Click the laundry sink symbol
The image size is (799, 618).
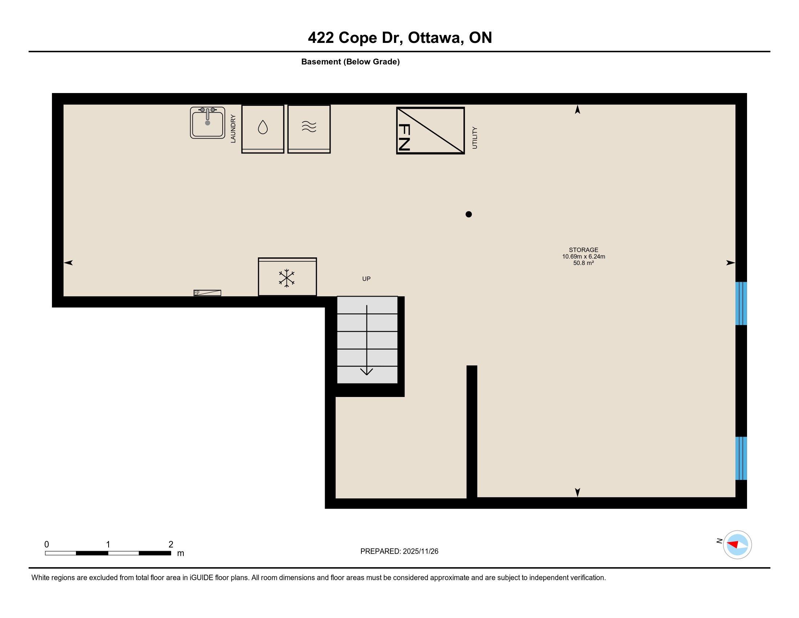[x=207, y=123]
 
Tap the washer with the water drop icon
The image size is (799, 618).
[x=263, y=129]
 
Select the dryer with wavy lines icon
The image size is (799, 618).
[x=309, y=129]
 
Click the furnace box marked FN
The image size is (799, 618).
[x=431, y=131]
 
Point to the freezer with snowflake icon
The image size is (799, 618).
[x=287, y=277]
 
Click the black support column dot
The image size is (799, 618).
[x=469, y=214]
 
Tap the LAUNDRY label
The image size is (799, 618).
[x=233, y=128]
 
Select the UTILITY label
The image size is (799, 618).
[x=475, y=138]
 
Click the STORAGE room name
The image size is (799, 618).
[x=584, y=250]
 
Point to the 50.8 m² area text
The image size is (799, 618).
[x=584, y=263]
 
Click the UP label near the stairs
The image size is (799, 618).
[x=366, y=279]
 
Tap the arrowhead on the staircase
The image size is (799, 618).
[x=366, y=372]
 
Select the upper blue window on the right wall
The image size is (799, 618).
[x=741, y=304]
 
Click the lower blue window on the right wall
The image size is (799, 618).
[x=741, y=458]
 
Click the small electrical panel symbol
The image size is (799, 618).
[x=207, y=293]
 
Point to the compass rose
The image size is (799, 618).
[x=737, y=545]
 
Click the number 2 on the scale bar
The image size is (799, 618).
[x=171, y=545]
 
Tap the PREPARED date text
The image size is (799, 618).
[x=399, y=551]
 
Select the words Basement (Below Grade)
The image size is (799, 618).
[x=350, y=62]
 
